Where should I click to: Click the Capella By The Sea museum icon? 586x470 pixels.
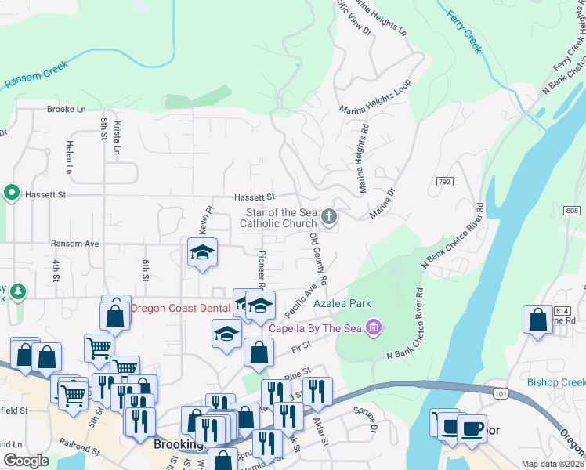click(x=374, y=326)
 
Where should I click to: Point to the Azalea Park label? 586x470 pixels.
click(x=342, y=303)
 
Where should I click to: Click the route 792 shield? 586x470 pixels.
click(x=444, y=182)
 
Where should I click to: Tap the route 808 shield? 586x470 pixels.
click(x=571, y=210)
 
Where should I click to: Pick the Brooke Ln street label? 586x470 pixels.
click(x=66, y=110)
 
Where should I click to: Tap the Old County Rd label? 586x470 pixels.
click(x=318, y=258)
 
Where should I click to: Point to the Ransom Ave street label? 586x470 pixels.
click(x=74, y=244)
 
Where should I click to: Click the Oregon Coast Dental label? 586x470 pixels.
click(x=179, y=308)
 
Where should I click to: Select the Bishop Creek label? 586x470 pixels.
click(x=556, y=382)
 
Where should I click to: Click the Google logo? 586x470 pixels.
click(x=27, y=461)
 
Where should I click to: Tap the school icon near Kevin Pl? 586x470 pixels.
click(x=202, y=253)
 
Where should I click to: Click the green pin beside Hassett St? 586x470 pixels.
click(x=11, y=192)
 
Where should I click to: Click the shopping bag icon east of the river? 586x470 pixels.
click(x=537, y=320)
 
